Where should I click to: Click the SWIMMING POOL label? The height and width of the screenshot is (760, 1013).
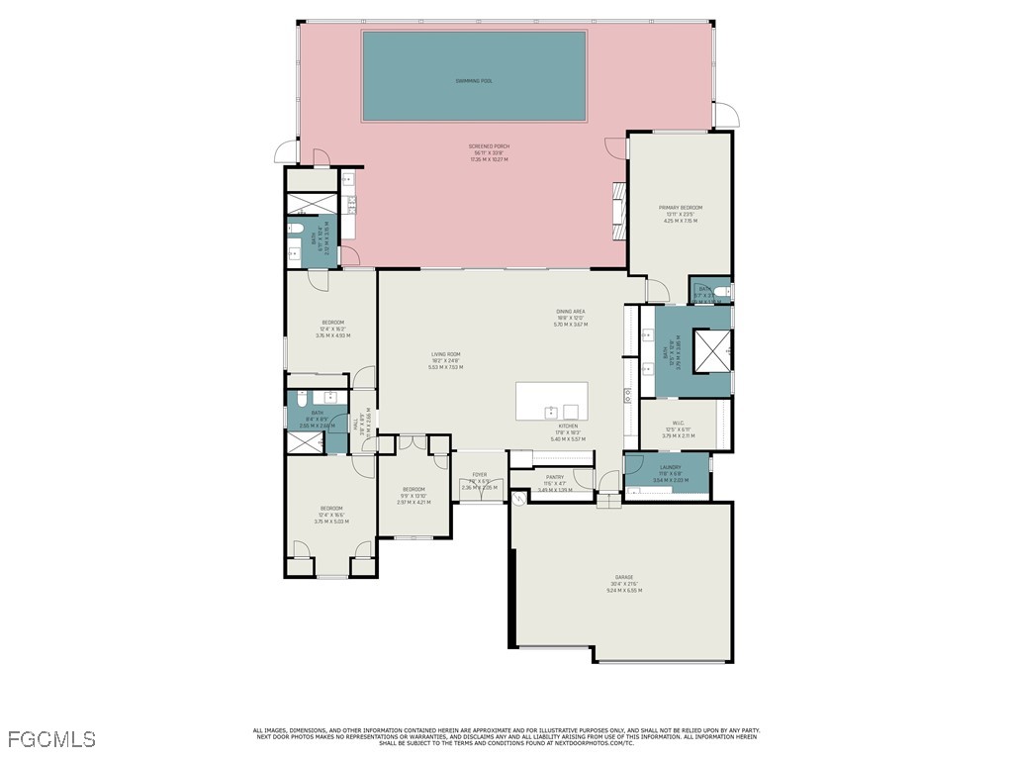pos(473,81)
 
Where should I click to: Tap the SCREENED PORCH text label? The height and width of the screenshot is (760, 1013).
pos(487,147)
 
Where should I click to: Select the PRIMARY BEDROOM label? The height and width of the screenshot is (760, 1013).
pos(681,208)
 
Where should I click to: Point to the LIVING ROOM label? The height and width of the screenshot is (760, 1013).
pos(445,354)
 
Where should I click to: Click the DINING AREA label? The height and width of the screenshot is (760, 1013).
pos(571,312)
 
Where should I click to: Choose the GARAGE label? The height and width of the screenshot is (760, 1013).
pos(624,577)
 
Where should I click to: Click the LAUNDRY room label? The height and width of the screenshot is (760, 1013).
pos(670,467)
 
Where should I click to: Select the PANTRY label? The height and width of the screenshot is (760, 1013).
pos(554,477)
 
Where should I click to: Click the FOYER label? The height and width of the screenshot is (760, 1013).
pos(479,475)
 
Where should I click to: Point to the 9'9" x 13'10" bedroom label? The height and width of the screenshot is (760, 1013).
pos(414,490)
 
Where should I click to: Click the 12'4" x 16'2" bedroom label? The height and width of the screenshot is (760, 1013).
pos(332,323)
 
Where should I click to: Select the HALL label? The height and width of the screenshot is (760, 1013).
pos(356,424)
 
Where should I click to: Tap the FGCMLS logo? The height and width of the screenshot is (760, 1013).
pos(51,738)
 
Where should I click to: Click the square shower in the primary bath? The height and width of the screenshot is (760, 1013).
pos(712,348)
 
